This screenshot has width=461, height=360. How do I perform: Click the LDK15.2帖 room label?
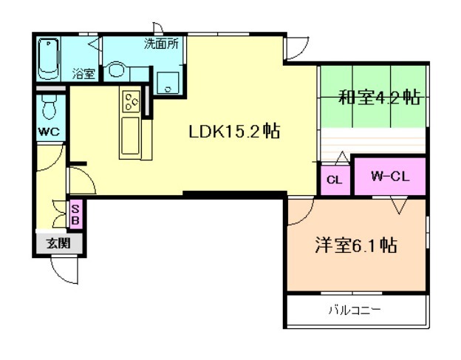pos(234,132)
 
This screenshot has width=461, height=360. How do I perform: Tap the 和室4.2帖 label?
pos(380,97)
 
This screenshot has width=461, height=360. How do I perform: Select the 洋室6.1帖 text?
pos(356,245)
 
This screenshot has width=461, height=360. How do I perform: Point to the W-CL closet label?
pos(390,177)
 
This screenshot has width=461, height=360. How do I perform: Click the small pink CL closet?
pos(335,180)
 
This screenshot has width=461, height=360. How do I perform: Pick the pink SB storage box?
pos(75,215)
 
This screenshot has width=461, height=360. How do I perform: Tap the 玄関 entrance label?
pos(59,243)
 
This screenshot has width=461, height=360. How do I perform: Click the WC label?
pos(49,132)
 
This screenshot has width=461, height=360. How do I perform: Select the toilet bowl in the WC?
pos(49,106)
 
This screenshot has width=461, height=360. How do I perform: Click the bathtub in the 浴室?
pos(49,59)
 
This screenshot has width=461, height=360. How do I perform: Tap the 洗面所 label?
pos(161,44)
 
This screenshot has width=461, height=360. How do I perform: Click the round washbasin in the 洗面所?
pos(116,69)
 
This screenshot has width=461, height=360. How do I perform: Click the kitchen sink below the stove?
pos(130,135)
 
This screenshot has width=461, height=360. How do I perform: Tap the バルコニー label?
pos(355,310)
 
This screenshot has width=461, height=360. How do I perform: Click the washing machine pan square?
pos(168,83)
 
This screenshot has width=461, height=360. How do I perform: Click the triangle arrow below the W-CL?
pos(399,206)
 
